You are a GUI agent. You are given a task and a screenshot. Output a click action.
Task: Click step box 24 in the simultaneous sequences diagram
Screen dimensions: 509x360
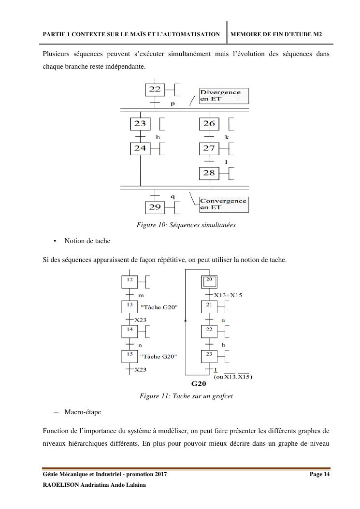[x=140, y=148]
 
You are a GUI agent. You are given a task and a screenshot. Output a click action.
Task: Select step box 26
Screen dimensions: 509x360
[x=209, y=124]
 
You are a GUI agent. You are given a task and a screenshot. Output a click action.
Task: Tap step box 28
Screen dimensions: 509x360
[x=209, y=173]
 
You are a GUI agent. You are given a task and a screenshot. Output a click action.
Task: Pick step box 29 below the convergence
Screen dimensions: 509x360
[x=155, y=207]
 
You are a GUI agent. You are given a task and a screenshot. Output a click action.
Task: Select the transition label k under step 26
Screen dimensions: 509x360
[x=227, y=137]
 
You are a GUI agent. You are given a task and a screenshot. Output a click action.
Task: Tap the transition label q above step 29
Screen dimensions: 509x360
[x=173, y=196]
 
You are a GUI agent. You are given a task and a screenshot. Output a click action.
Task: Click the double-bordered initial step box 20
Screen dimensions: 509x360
[x=209, y=281]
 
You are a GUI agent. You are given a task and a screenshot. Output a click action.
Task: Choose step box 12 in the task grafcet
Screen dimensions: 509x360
[x=130, y=281]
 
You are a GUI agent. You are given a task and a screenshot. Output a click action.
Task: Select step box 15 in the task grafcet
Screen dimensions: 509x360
[x=130, y=356]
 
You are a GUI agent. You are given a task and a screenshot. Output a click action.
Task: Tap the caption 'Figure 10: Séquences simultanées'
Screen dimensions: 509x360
[x=187, y=225]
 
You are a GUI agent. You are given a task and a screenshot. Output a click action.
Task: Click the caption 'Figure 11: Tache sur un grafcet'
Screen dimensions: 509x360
[x=187, y=397]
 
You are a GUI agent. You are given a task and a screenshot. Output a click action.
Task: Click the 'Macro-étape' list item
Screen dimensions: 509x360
[x=83, y=412]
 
